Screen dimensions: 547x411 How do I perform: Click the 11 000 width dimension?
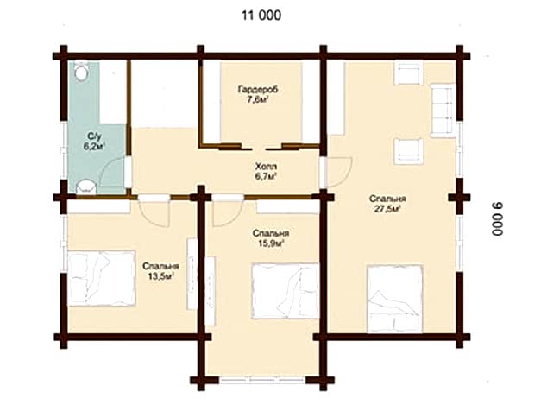click(261, 16)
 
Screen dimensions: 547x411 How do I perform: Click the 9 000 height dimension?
click(498, 219)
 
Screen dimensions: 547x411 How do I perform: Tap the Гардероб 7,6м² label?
click(258, 95)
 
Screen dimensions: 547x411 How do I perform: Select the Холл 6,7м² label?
click(266, 171)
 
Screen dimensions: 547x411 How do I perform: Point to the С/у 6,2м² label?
click(94, 141)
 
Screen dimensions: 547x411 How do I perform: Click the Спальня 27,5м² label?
click(387, 204)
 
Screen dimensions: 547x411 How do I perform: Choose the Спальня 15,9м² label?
click(271, 238)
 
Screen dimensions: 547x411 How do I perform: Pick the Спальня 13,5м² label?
click(160, 271)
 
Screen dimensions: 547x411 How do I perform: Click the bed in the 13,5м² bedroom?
click(102, 278)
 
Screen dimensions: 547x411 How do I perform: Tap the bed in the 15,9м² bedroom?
click(286, 291)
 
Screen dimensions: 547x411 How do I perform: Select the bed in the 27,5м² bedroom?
click(395, 299)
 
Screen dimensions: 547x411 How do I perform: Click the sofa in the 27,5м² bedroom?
click(443, 111)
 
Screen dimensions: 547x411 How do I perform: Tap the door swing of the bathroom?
click(112, 175)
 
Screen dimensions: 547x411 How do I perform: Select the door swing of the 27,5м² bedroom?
click(340, 172)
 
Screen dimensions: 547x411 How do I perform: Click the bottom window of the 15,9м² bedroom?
click(262, 380)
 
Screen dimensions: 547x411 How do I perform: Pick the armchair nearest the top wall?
click(408, 73)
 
